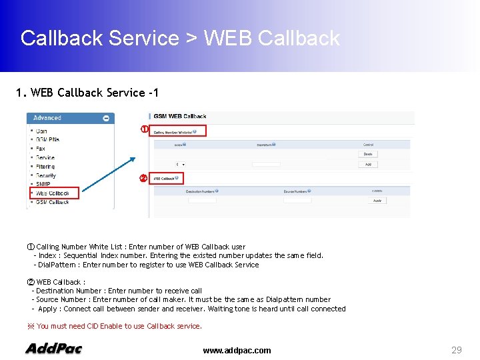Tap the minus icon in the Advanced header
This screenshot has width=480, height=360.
[x=105, y=118]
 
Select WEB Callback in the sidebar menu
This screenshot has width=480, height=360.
[x=53, y=193]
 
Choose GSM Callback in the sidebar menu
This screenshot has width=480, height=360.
[x=52, y=202]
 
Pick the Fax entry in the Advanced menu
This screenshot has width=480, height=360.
[x=41, y=149]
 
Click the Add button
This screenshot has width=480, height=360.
[x=367, y=164]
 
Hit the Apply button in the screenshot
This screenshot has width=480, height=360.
[x=377, y=200]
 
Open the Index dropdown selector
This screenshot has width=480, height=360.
[x=181, y=164]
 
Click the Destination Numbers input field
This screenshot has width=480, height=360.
[x=202, y=200]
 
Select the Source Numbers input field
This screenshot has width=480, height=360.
[x=297, y=200]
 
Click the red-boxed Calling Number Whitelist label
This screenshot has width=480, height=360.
[x=177, y=131]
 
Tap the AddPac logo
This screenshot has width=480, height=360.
[x=53, y=349]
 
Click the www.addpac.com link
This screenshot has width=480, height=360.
[x=237, y=351]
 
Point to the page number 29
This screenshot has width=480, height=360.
[x=457, y=350]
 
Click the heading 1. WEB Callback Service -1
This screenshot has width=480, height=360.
[x=87, y=93]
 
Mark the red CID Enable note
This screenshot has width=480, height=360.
[x=114, y=326]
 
